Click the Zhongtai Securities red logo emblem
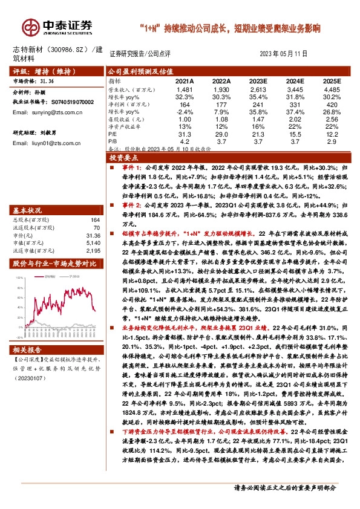coord(30,27)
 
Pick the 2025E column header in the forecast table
coord(332,80)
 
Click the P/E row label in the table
coord(113,134)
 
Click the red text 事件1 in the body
coord(130,166)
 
